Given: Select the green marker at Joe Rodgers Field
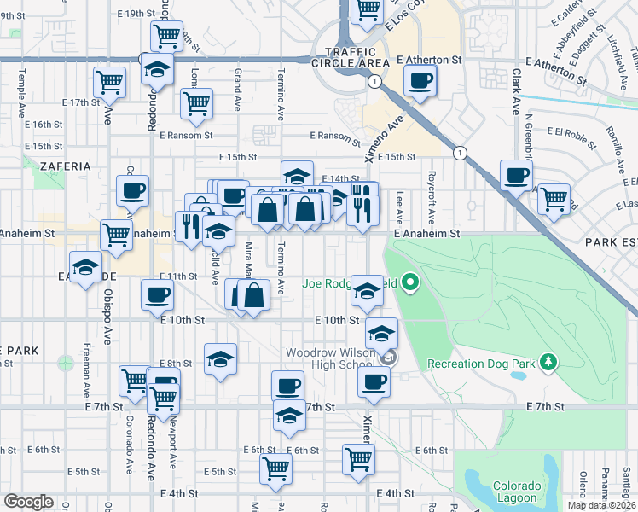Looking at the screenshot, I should click(x=410, y=282).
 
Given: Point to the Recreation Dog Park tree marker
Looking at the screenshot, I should click(x=547, y=364).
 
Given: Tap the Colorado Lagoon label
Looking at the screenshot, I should click(x=515, y=492).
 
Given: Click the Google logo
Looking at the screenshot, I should click(x=28, y=502).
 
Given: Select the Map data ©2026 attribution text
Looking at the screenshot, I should click(x=600, y=505).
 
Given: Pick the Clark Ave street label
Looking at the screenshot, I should click(x=516, y=94).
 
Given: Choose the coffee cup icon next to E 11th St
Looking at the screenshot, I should click(x=157, y=296).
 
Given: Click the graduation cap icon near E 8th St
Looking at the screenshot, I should click(x=220, y=358).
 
